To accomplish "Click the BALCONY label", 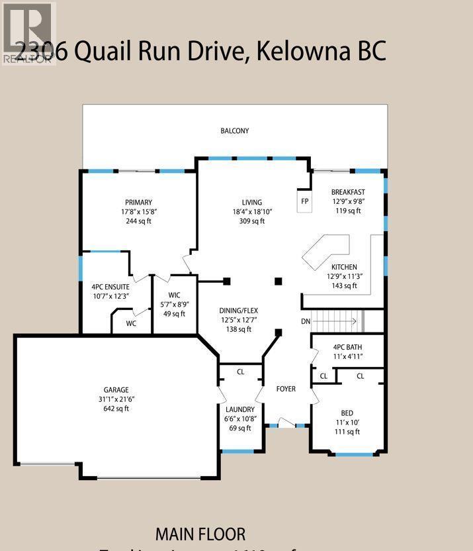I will click(x=235, y=131).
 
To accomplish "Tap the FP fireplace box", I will click(x=304, y=201).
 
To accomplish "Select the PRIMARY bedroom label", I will click(x=139, y=203).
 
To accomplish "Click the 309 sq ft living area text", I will click(x=251, y=221).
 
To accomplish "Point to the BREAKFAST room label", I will click(x=348, y=193).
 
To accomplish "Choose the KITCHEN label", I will click(x=344, y=267).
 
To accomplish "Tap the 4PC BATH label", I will click(x=348, y=347).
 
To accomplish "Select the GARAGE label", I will click(x=116, y=390).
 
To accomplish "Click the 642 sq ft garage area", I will click(x=116, y=409).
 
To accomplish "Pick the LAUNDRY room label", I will click(x=239, y=410).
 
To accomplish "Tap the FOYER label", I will click(x=286, y=389).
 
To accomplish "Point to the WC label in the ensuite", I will click(x=131, y=324).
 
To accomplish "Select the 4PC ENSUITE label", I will click(x=110, y=287).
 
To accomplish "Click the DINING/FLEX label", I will click(x=239, y=310).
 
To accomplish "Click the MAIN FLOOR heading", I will click(x=200, y=534).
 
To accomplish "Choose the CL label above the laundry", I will click(x=240, y=372).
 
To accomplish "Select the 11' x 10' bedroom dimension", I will click(x=347, y=423).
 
